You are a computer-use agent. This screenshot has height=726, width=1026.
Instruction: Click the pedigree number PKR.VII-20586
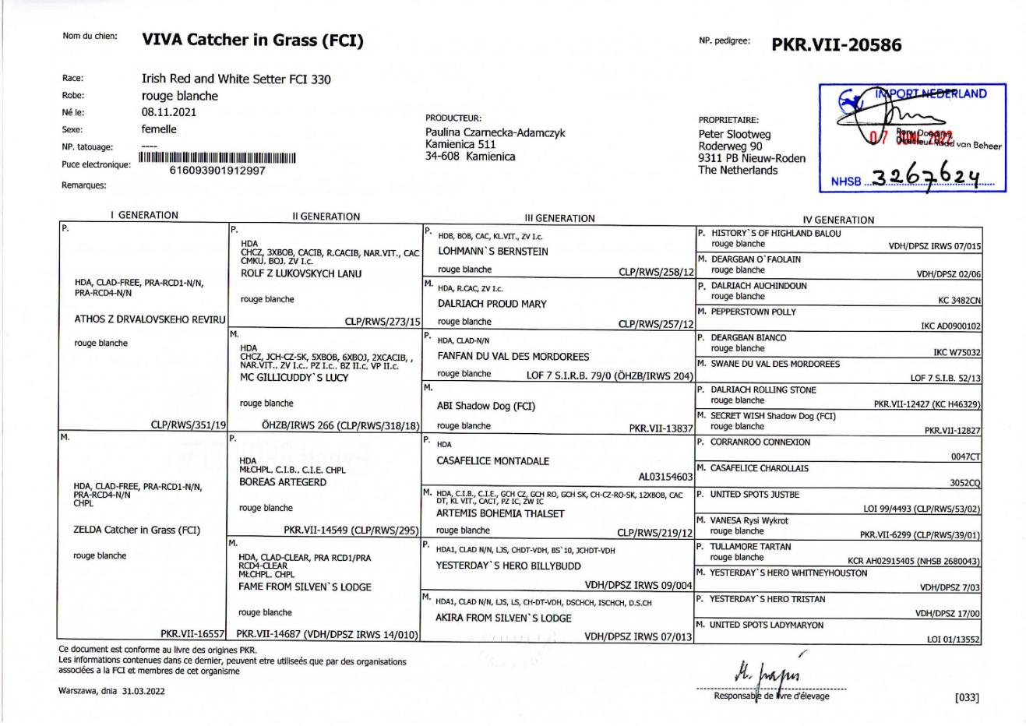coord(836,44)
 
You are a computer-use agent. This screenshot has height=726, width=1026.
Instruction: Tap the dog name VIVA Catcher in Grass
coord(252,40)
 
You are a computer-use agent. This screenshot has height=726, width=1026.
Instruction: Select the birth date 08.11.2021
coord(168,112)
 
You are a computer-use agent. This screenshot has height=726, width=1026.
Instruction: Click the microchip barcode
coord(217,158)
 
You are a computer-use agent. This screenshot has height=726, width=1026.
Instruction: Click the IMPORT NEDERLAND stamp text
coord(930,94)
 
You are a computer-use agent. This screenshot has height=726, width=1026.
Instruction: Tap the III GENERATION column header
coord(559,218)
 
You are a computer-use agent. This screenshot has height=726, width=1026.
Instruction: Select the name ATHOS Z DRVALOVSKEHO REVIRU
coord(150,319)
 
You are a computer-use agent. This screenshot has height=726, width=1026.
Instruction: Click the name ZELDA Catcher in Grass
coord(136,530)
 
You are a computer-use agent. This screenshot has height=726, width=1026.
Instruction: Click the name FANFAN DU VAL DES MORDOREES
coord(513,356)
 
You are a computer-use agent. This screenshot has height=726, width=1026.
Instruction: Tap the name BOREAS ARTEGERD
coord(282,482)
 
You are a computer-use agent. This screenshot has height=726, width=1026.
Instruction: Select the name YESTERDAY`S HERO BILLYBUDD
coord(508,566)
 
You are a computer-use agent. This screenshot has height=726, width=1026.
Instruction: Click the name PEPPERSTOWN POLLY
coord(753,312)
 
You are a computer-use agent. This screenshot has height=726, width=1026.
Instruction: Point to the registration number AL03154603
coord(665,476)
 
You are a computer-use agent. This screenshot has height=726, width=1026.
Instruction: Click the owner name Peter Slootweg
coord(734,134)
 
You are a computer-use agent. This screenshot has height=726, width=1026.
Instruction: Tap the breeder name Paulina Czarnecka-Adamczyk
coord(495,132)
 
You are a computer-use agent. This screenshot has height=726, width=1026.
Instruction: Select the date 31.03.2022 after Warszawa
coord(143,690)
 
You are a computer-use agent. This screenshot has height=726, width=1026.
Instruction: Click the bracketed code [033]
coord(967,697)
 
